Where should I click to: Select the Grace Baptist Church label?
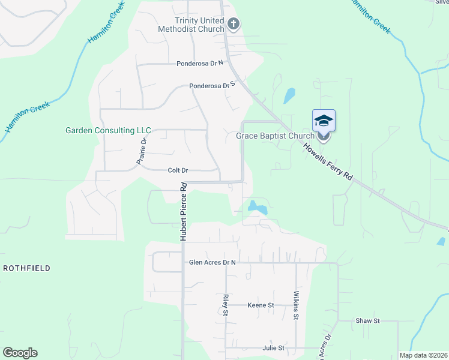[x=274, y=136]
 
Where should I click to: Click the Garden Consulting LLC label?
[x=108, y=130]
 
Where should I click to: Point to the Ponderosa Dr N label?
[x=200, y=63]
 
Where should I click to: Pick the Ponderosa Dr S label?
[x=211, y=86]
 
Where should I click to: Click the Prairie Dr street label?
[x=142, y=152]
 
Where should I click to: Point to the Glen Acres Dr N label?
[x=212, y=262]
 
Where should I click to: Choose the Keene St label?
[x=261, y=305]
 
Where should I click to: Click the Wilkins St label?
[x=296, y=306]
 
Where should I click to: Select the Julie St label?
[x=273, y=348]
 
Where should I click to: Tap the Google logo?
[x=20, y=353]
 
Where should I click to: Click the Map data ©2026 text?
[x=423, y=355]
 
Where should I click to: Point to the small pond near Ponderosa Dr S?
[x=290, y=95]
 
